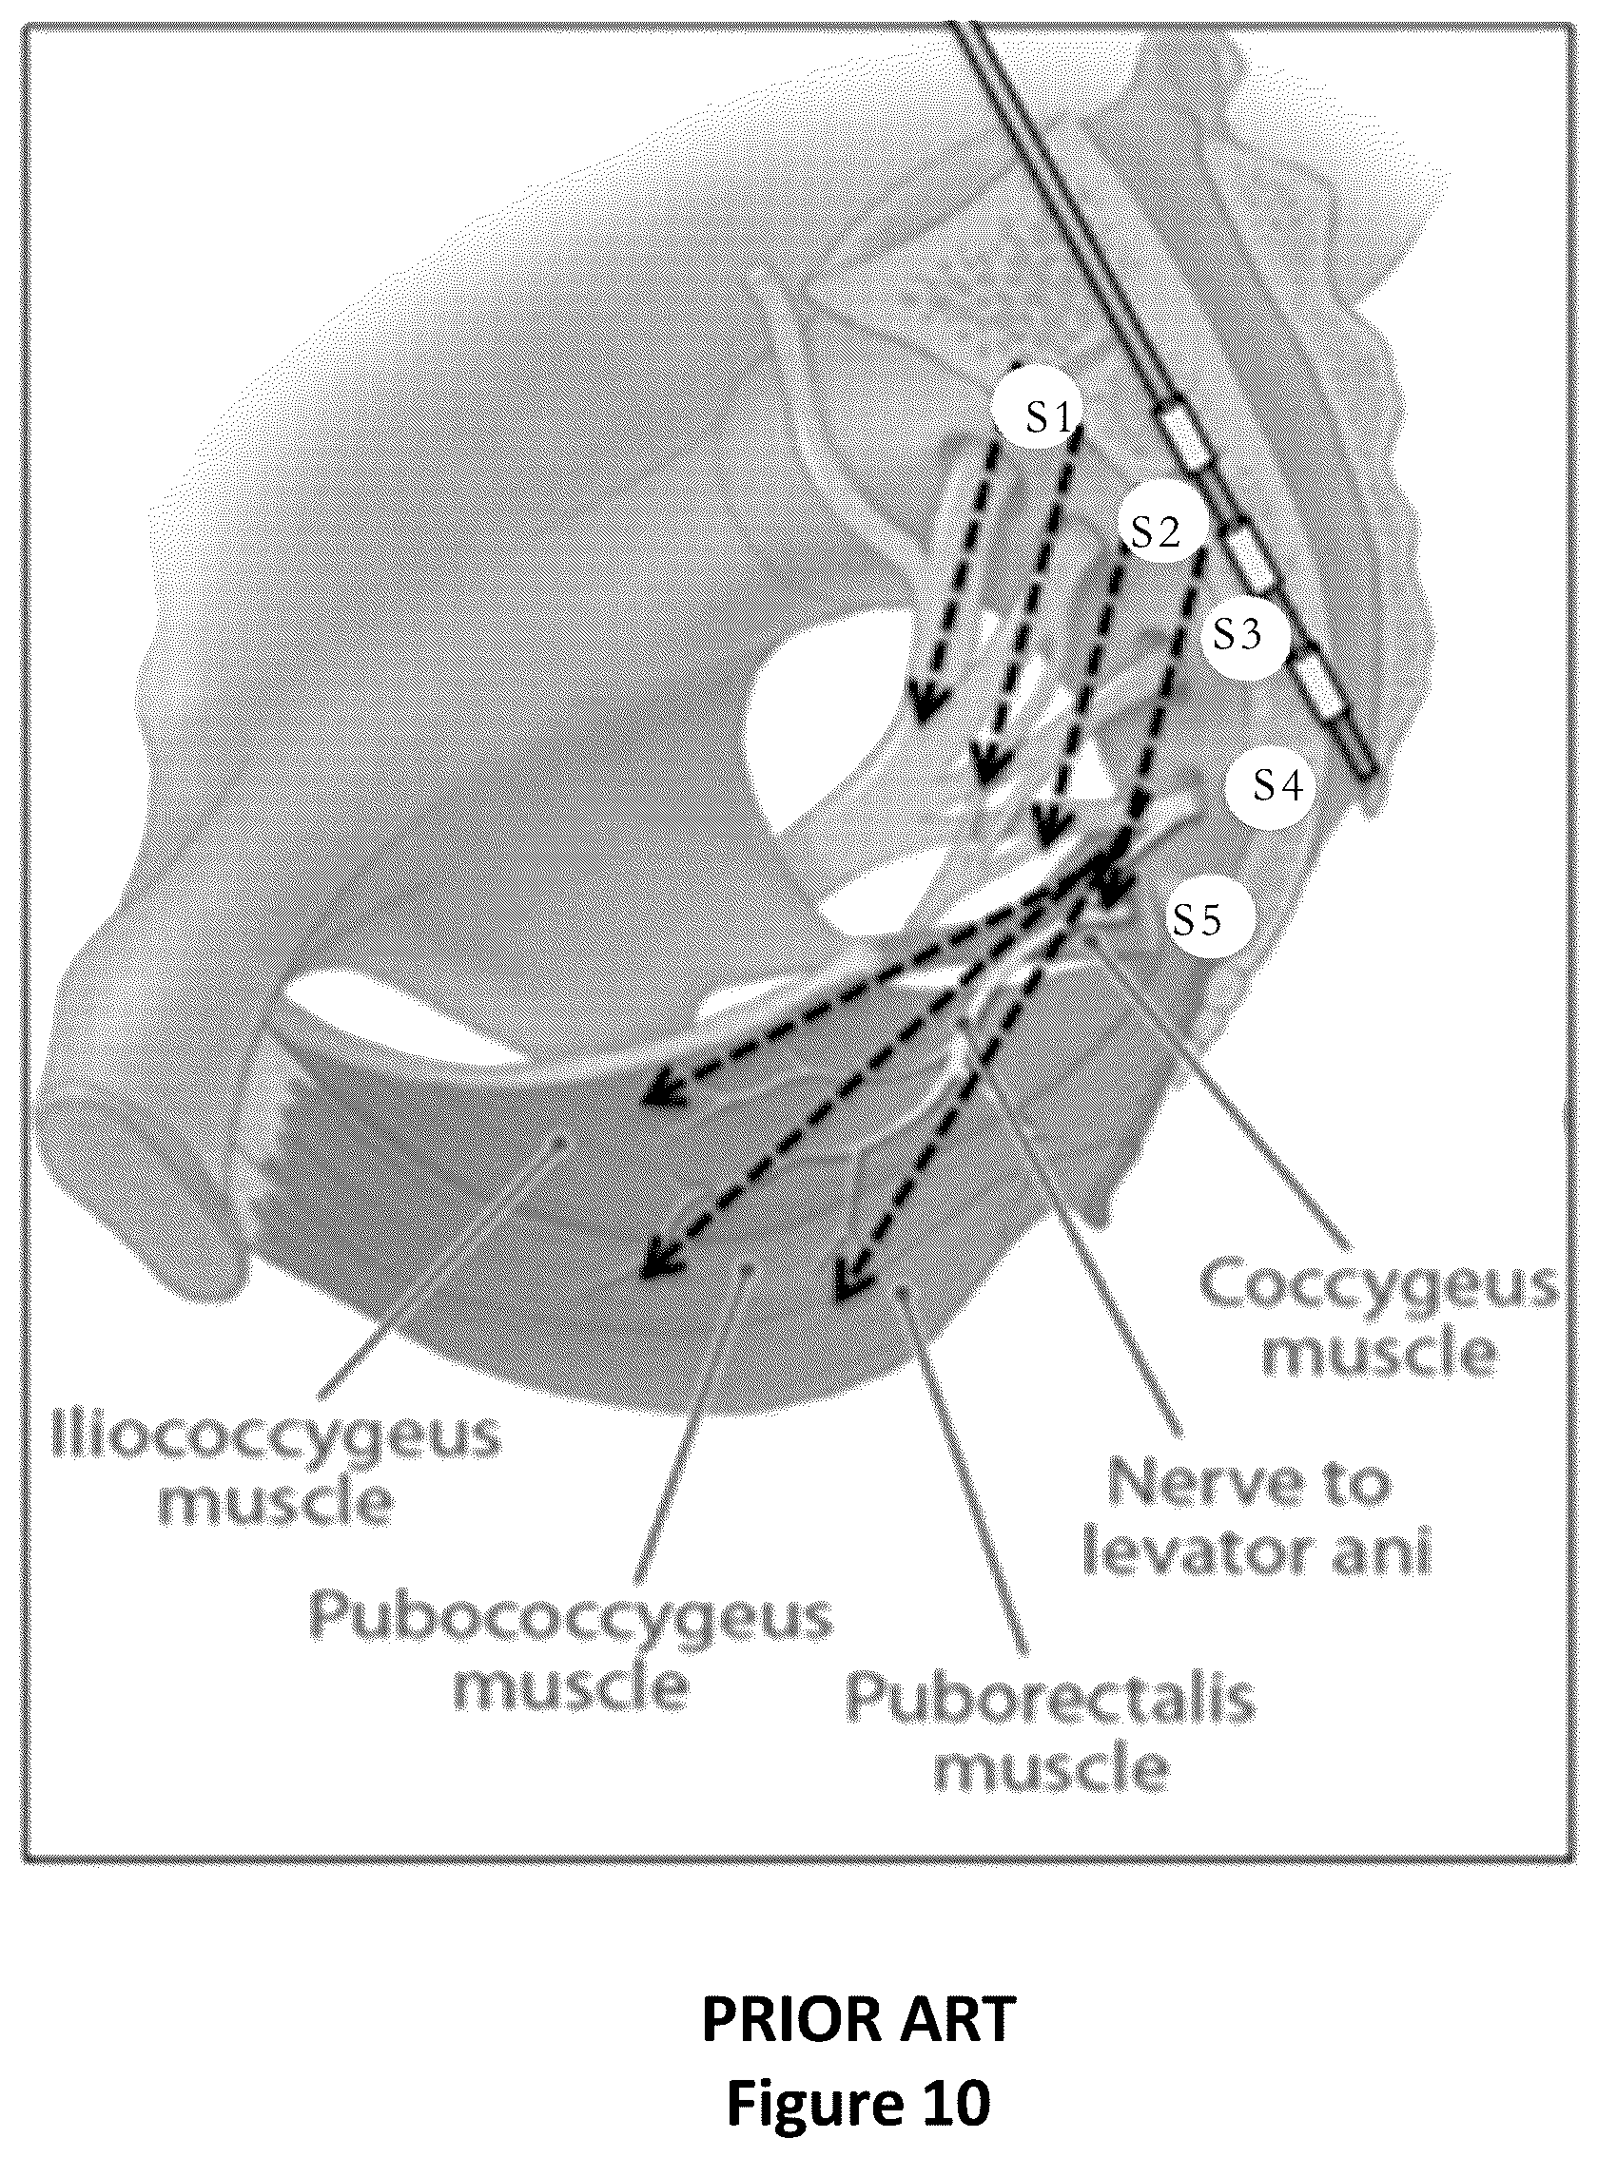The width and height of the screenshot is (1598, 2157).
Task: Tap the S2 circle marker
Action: (x=1156, y=530)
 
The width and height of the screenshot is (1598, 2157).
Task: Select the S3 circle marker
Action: (x=1238, y=634)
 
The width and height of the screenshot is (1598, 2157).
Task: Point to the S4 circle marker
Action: (x=1277, y=785)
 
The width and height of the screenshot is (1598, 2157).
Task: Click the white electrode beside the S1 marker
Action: (x=1189, y=438)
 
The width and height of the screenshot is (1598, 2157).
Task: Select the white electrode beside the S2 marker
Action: (x=1249, y=559)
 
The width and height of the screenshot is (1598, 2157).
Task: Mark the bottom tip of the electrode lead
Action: (x=1366, y=772)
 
